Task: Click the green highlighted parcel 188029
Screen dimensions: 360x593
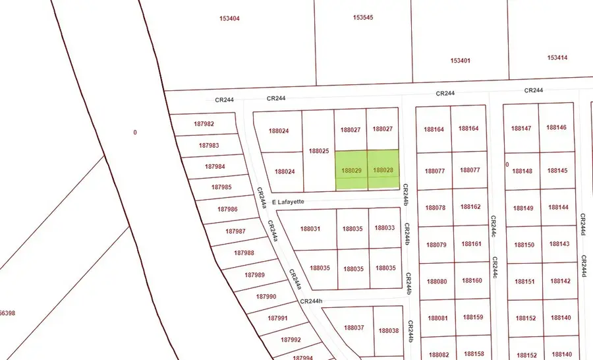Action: pyautogui.click(x=351, y=170)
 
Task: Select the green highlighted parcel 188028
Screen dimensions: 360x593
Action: pyautogui.click(x=383, y=170)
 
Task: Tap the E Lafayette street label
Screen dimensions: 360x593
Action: pyautogui.click(x=287, y=202)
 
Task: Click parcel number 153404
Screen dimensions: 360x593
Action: pyautogui.click(x=229, y=18)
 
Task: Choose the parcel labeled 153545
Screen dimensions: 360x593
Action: pyautogui.click(x=363, y=17)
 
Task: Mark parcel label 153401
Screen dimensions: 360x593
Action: pyautogui.click(x=461, y=61)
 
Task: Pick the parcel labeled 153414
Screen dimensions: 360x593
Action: pyautogui.click(x=557, y=58)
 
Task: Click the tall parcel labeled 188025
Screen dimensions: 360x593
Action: pyautogui.click(x=319, y=151)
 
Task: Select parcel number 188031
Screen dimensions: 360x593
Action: pyautogui.click(x=310, y=229)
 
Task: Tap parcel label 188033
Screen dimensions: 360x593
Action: pyautogui.click(x=385, y=228)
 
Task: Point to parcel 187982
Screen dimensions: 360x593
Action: pyautogui.click(x=204, y=124)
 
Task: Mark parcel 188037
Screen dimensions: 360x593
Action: pyautogui.click(x=354, y=328)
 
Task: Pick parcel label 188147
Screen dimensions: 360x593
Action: pyautogui.click(x=521, y=128)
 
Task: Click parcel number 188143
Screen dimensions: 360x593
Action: pyautogui.click(x=559, y=245)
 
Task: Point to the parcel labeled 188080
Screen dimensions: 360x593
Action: pyautogui.click(x=437, y=282)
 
